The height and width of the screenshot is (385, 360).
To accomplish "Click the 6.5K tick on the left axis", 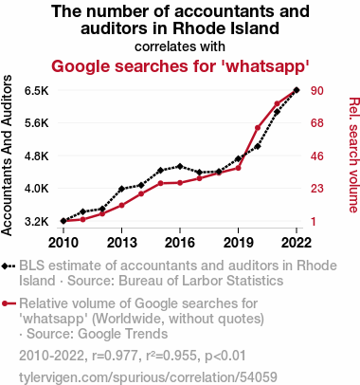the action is pyautogui.click(x=37, y=91).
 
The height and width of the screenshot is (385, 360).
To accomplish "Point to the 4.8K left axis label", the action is pyautogui.click(x=37, y=156).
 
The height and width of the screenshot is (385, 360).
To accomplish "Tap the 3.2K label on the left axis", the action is pyautogui.click(x=37, y=221).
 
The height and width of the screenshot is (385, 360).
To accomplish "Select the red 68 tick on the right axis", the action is pyautogui.click(x=317, y=123).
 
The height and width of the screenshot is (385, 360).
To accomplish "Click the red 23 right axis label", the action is pyautogui.click(x=317, y=189).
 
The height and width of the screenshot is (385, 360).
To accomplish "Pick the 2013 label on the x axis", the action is pyautogui.click(x=121, y=243).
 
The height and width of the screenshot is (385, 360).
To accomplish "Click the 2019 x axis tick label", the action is pyautogui.click(x=238, y=243).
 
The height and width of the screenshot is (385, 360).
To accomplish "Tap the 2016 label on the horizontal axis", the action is pyautogui.click(x=180, y=243).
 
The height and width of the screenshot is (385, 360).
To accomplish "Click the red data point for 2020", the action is pyautogui.click(x=258, y=128).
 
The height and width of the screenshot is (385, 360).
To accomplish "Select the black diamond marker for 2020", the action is pyautogui.click(x=258, y=146).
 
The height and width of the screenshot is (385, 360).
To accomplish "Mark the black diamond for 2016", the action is pyautogui.click(x=180, y=166).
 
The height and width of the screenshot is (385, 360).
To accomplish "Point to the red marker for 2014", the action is pyautogui.click(x=141, y=193).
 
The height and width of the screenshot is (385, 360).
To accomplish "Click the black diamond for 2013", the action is pyautogui.click(x=121, y=189).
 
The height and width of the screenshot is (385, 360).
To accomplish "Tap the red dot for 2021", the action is pyautogui.click(x=277, y=103).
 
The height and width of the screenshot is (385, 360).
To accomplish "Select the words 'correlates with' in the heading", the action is pyautogui.click(x=180, y=46).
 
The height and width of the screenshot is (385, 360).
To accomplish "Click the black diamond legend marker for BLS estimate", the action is pyautogui.click(x=5, y=266).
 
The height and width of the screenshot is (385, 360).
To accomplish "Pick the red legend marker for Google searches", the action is pyautogui.click(x=5, y=303).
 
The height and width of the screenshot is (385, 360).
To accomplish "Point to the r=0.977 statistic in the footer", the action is pyautogui.click(x=115, y=356).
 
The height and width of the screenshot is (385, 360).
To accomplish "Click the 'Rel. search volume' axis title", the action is pyautogui.click(x=354, y=155).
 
